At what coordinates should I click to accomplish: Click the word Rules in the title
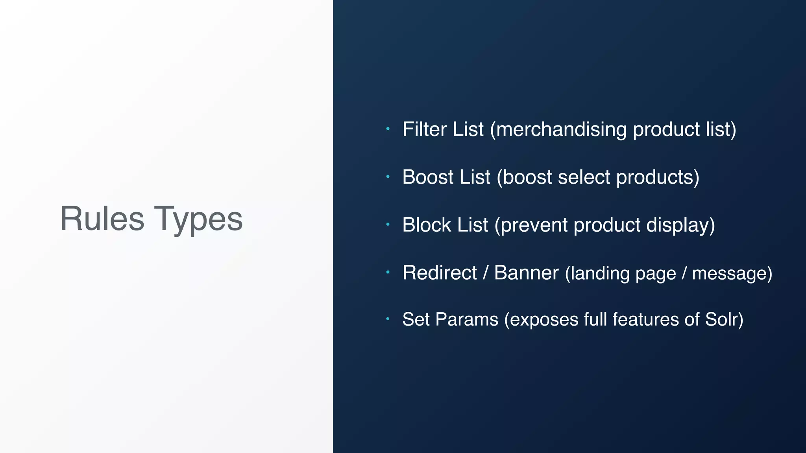click(102, 219)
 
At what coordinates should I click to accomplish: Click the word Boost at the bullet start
click(428, 177)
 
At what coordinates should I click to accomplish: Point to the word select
click(584, 177)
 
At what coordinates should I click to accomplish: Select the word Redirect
click(440, 273)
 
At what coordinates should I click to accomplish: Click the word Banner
click(526, 273)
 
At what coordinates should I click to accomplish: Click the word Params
click(467, 319)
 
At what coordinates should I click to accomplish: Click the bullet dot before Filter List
click(388, 129)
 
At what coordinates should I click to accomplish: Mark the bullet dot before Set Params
click(388, 319)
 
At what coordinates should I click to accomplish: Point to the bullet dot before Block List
click(388, 224)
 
